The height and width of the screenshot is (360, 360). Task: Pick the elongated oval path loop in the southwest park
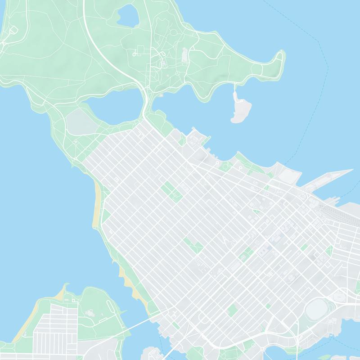(x=90, y=310)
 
